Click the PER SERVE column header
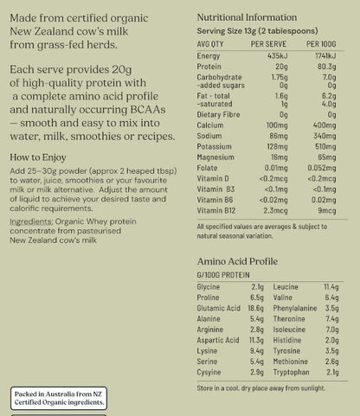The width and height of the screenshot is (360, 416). (267, 42)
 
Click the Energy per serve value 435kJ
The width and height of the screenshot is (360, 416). (276, 54)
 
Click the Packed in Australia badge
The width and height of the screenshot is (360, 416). (59, 398)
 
